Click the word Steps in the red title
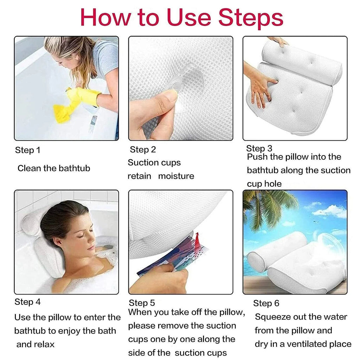(250, 18)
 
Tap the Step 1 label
(27, 150)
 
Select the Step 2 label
(143, 150)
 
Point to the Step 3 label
(259, 148)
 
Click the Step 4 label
(27, 302)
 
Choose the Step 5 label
(142, 303)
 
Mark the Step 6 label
(266, 303)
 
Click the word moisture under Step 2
(176, 176)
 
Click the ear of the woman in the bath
(59, 242)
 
